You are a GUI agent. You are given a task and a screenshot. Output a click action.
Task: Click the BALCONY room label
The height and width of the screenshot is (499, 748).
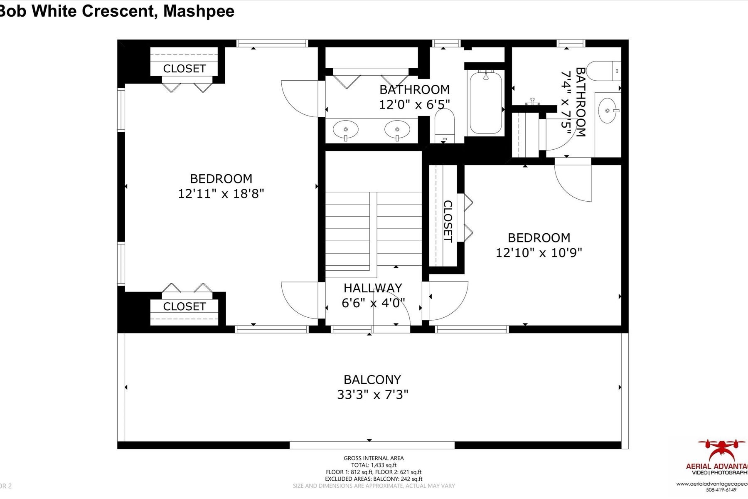[x=372, y=380]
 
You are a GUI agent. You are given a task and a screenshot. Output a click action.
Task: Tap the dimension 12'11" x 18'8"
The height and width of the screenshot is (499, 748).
[x=221, y=194]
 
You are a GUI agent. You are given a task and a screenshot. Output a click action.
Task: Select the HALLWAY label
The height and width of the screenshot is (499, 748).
[x=373, y=288]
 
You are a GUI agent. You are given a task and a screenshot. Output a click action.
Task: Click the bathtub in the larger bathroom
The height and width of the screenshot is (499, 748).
[x=485, y=102]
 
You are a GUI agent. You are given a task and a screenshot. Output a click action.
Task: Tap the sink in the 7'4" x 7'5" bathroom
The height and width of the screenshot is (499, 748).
[x=608, y=111]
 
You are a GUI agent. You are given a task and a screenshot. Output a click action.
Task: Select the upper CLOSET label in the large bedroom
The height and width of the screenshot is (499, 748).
[x=184, y=69]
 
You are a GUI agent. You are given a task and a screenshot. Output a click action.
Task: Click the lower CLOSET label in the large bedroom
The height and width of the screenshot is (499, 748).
[x=184, y=306]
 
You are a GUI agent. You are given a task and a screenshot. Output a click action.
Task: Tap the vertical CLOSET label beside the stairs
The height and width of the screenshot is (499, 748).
[x=448, y=221]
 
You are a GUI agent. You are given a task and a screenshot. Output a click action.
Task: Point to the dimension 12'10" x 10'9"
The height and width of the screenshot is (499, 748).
[x=539, y=253]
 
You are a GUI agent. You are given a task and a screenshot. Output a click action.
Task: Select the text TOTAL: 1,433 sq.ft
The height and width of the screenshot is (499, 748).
[x=374, y=465]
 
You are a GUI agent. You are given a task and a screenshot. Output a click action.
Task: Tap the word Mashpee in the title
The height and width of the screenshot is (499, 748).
[x=199, y=11]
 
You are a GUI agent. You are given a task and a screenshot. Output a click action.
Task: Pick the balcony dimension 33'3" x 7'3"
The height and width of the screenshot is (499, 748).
[x=372, y=395]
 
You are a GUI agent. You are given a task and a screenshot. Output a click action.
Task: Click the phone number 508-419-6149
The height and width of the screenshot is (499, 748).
[x=721, y=490]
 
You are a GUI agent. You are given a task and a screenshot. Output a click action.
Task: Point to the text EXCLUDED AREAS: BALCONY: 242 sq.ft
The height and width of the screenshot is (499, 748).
[x=374, y=479]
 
